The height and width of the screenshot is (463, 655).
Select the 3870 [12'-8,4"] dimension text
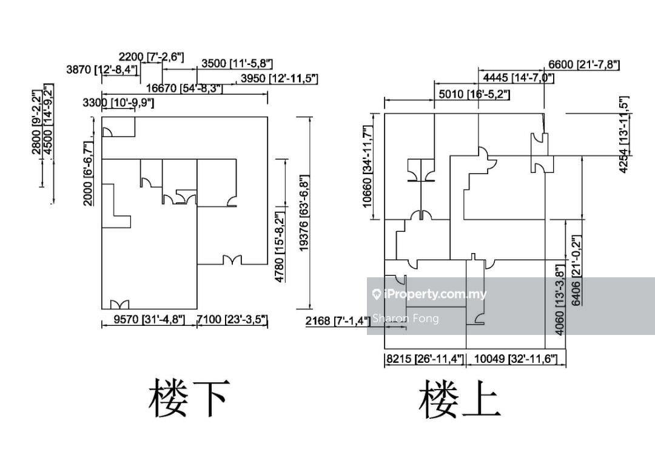pyautogui.click(x=102, y=70)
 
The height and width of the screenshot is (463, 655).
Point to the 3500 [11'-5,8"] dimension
pyautogui.click(x=237, y=63)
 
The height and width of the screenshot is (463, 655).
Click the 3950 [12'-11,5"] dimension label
pyautogui.click(x=279, y=78)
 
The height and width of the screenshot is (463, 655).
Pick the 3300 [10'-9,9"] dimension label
pyautogui.click(x=118, y=103)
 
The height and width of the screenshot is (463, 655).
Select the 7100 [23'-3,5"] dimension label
pyautogui.click(x=233, y=320)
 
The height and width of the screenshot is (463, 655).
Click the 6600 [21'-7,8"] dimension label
pyautogui.click(x=583, y=65)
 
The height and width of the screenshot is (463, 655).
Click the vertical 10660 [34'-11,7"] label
pyautogui.click(x=367, y=166)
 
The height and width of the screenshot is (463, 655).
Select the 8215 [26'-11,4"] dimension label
pyautogui.click(x=425, y=359)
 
